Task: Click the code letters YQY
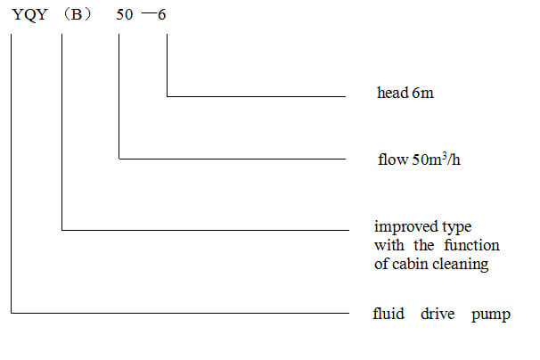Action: [x=29, y=15]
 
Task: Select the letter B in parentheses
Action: [x=78, y=15]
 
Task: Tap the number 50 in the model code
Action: [x=125, y=15]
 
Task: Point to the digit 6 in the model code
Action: [x=162, y=15]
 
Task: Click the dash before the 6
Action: [x=149, y=13]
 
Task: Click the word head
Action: [x=392, y=93]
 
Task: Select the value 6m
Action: [x=423, y=93]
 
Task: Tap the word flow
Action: [x=393, y=160]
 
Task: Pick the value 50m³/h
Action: [x=437, y=160]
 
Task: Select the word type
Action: [x=456, y=228]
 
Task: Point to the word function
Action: [x=471, y=245]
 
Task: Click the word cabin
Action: [x=411, y=264]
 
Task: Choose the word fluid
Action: [x=389, y=314]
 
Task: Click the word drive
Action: [x=438, y=314]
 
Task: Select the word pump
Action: [x=491, y=315]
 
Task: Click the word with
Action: [x=389, y=245]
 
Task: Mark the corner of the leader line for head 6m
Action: [x=167, y=96]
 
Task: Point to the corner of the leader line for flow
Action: [x=119, y=159]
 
